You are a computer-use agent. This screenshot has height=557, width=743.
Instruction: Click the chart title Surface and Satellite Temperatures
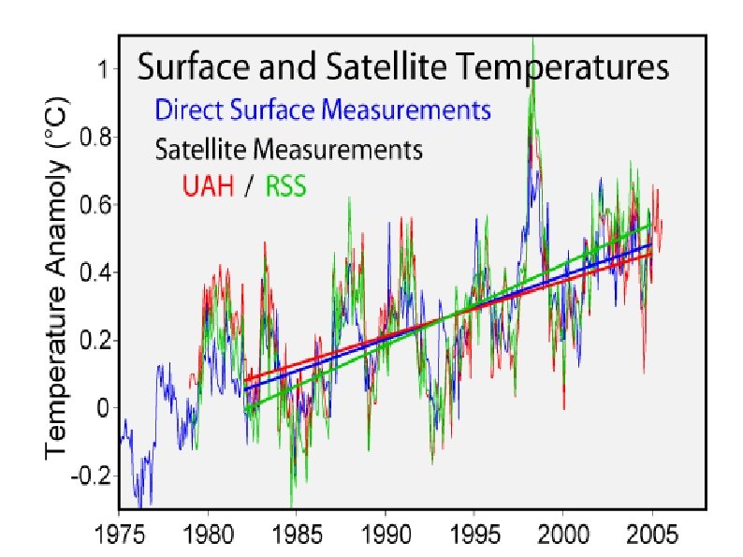pos(403,68)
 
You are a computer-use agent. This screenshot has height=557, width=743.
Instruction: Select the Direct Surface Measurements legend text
pos(323,110)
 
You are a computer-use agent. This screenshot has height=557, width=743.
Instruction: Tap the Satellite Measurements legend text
pos(289,149)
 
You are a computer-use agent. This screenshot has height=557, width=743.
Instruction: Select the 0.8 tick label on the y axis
pos(97,137)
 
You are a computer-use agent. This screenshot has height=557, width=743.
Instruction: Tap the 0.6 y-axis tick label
pos(97,204)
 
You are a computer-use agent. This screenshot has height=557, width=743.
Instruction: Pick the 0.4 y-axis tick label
pos(97,272)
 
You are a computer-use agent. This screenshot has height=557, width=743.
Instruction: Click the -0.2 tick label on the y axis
pos(94,476)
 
